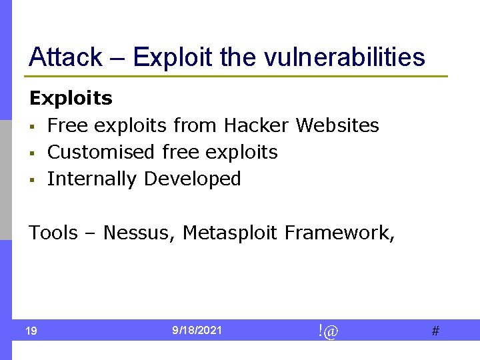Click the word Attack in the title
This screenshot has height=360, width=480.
pos(65,57)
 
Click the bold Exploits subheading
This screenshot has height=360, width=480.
pos(71,99)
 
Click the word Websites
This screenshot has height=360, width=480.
pos(337,125)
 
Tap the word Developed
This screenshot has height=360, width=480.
pos(193,179)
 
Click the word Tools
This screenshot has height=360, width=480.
pos(53,233)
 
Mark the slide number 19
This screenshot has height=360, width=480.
pos(31,331)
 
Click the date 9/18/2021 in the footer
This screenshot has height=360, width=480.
pos(197,330)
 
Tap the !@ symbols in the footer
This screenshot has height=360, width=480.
pos(328,330)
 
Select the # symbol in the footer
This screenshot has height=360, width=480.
pos(435,331)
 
